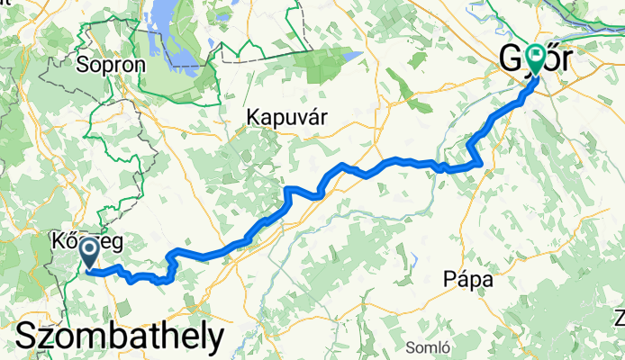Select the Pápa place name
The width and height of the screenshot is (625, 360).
[x=468, y=280]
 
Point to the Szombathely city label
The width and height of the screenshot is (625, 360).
[x=119, y=337]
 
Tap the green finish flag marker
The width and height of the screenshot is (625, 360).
[x=535, y=59]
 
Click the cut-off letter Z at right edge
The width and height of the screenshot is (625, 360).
[x=620, y=317]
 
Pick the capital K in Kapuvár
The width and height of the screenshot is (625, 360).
[x=255, y=117]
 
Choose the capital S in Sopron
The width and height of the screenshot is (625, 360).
[x=84, y=65]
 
